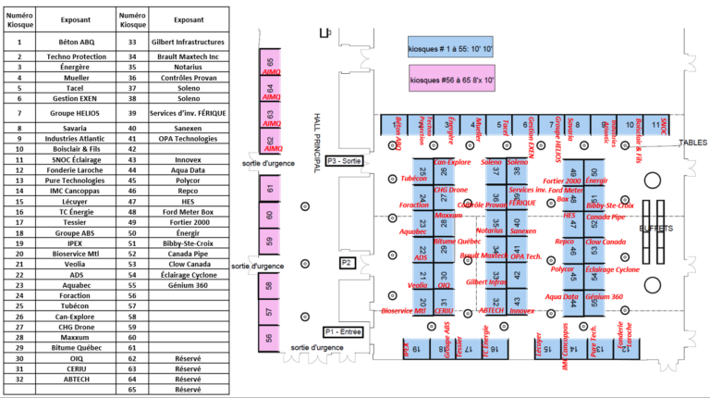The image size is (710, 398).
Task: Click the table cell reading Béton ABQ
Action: click(x=70, y=43)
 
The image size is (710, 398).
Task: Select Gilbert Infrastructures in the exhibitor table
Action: click(x=189, y=43)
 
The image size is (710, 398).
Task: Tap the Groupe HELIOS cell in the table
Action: click(x=70, y=112)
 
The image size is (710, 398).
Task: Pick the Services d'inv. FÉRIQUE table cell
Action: click(x=189, y=112)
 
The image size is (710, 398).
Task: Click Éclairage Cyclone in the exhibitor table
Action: click(x=189, y=275)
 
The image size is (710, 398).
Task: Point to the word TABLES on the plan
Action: click(x=693, y=143)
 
